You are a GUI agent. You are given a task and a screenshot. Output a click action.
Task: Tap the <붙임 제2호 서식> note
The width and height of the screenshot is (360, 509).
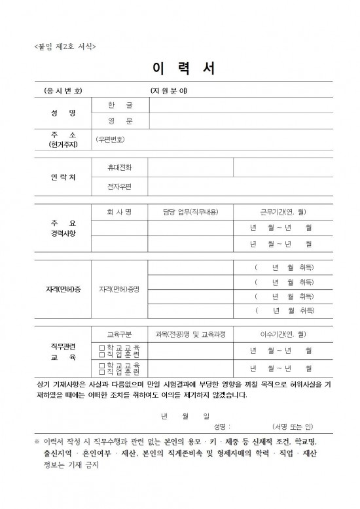pos(65,46)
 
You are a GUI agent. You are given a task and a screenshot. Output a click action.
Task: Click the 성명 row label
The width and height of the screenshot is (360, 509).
pos(63,113)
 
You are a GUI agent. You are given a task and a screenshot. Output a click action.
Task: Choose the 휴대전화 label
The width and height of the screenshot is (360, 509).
pos(120,167)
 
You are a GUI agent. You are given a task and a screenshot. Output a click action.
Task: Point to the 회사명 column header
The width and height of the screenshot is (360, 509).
pos(120,212)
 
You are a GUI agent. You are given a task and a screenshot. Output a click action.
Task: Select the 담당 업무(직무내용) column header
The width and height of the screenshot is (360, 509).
pos(190,212)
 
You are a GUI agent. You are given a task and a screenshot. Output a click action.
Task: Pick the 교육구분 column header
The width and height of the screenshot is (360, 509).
pos(120,334)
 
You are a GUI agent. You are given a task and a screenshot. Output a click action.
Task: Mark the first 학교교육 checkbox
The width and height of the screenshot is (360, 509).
pos(101,347)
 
